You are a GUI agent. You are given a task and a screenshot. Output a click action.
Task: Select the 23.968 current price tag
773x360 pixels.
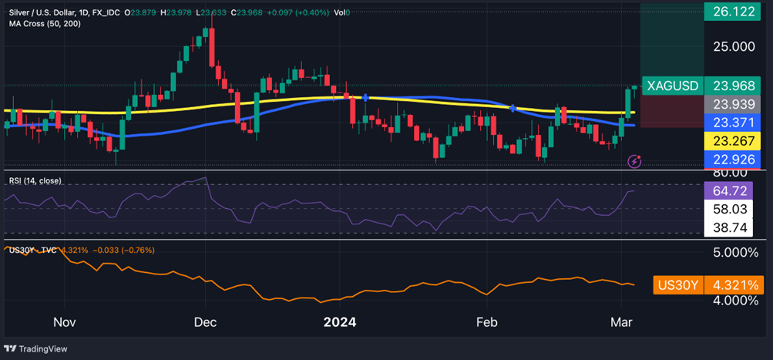[x=734, y=86]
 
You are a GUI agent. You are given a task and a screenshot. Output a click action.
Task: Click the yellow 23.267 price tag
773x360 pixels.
[x=734, y=142]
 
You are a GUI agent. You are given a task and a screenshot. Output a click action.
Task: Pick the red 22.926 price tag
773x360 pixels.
[x=734, y=160]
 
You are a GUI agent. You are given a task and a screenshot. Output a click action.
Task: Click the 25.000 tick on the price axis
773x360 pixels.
[x=734, y=46]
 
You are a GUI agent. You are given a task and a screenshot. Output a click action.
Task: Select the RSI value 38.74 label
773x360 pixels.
[x=734, y=228]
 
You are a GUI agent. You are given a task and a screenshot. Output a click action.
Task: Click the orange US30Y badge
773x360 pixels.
[x=676, y=285]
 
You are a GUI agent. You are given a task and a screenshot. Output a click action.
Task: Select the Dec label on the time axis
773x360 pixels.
[x=205, y=321]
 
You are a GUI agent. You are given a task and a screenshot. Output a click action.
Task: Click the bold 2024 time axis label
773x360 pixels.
[x=340, y=321]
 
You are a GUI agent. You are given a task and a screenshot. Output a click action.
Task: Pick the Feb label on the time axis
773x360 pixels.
[x=485, y=321]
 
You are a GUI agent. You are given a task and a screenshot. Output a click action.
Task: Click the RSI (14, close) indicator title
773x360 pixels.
[x=35, y=180]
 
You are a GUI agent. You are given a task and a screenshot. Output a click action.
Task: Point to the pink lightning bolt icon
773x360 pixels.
[x=634, y=160]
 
